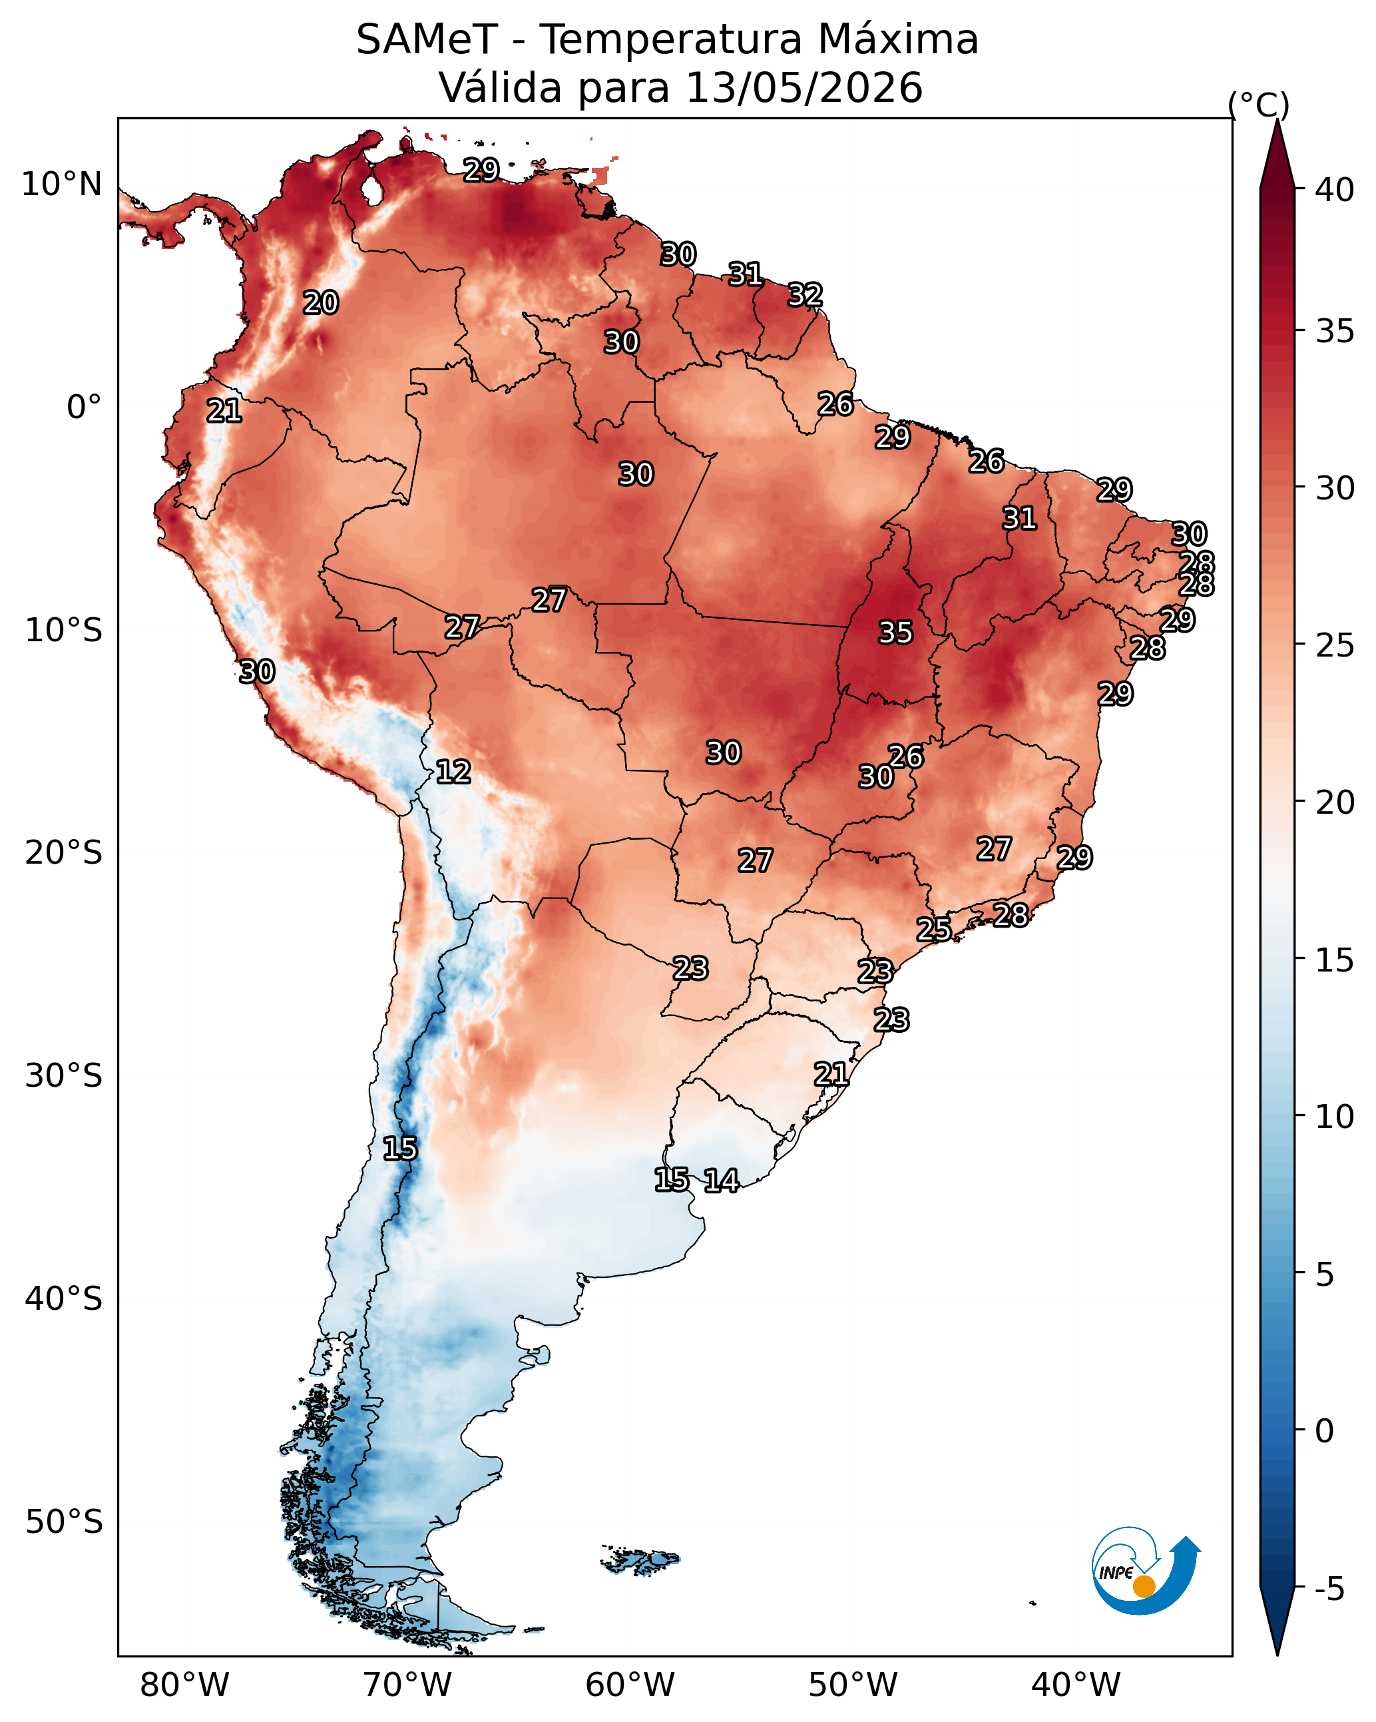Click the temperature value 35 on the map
pos(895,633)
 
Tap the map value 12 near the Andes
pos(453,772)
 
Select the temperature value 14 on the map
pos(721,1181)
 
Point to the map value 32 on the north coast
pos(805,295)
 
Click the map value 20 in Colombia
pos(320,303)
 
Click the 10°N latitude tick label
pos(61,184)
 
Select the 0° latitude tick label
pos(84,408)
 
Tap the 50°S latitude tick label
pos(64,1522)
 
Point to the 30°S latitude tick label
pos(64,1076)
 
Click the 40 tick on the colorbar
pos(1335,190)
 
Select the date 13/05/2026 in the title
pos(804,88)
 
